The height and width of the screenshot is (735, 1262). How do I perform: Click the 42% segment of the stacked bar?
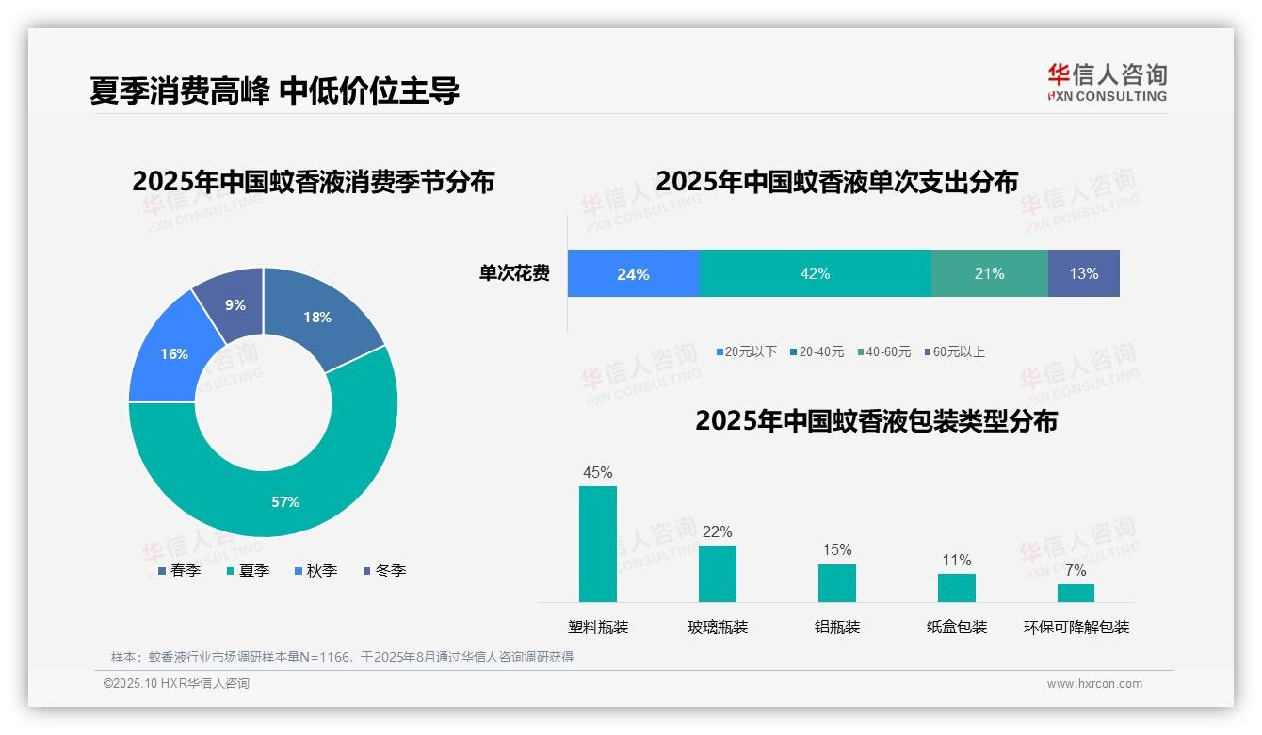815,273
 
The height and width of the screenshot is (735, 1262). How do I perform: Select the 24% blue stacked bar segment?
633,273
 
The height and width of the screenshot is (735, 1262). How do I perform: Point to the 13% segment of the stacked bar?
1083,273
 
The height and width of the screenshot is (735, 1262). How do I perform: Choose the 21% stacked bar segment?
989,273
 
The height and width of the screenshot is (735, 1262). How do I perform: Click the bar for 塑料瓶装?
598,545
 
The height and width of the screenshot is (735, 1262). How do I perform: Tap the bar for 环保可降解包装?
1076,593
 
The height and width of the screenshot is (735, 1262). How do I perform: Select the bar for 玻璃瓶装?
718,573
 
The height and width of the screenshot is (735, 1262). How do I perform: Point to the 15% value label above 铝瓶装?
836,549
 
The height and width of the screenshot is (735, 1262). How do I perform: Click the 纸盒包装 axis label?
957,627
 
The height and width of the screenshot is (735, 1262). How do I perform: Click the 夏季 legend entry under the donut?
249,570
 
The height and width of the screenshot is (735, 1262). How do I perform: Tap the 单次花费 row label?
514,273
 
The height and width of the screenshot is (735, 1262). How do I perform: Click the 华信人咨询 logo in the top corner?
1107,81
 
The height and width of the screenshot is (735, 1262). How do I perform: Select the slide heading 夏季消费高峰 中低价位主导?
274,90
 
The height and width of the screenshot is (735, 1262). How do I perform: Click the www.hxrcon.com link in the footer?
1094,683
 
